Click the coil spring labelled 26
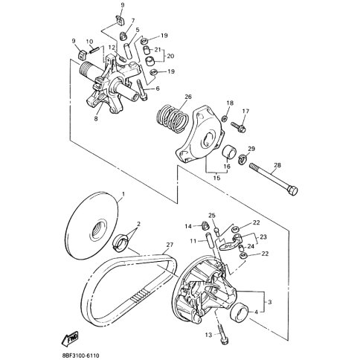pos(173,118)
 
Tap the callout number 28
pos(277,165)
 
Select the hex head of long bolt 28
pos(292,191)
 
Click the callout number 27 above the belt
pos(170,245)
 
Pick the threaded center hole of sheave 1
pos(98,229)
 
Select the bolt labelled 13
pos(223,335)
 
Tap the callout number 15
pos(216,178)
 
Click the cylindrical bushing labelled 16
pos(230,152)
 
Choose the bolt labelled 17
pos(239,127)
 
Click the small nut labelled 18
pos(225,119)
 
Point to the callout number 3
pos(269,302)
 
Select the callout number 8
pos(96,118)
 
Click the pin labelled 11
pos(210,240)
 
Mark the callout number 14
pos(188,226)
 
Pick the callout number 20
pos(170,56)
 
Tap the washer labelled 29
pos(242,158)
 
